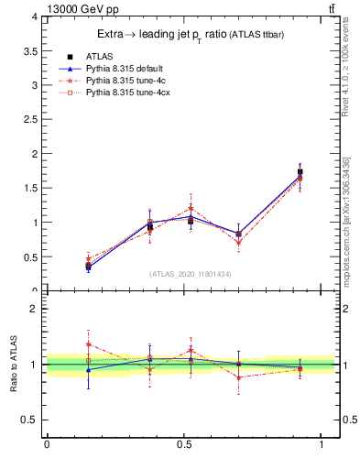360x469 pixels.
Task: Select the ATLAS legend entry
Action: tap(98, 56)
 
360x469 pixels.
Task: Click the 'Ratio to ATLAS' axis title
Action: tap(14, 365)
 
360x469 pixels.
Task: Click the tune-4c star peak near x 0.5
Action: tap(191, 208)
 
